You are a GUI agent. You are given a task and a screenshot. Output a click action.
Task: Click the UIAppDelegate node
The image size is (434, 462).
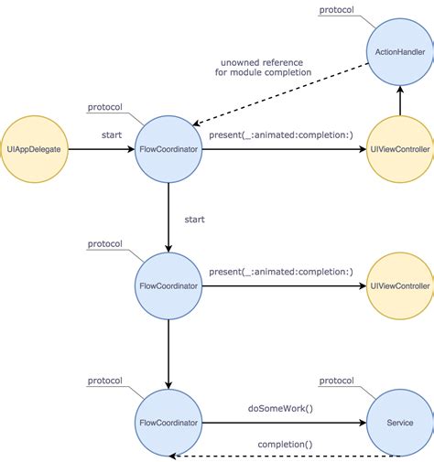(x=33, y=149)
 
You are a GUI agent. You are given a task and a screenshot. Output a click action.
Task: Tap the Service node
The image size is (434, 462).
(x=399, y=423)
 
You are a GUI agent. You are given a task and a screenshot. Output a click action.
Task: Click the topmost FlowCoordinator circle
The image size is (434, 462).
(x=168, y=149)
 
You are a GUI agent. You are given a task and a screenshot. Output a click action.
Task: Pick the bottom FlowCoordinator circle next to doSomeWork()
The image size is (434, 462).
(x=168, y=423)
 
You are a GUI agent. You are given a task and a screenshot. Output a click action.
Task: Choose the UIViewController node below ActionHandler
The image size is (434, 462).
(x=399, y=149)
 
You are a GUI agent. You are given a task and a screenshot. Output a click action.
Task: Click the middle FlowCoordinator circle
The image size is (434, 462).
(x=168, y=286)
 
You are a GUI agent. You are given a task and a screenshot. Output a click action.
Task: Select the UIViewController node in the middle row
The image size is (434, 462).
(x=399, y=286)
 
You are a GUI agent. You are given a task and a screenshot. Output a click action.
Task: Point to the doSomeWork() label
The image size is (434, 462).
(x=280, y=408)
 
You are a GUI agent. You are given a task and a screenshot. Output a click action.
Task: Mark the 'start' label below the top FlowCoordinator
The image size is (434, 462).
(x=195, y=220)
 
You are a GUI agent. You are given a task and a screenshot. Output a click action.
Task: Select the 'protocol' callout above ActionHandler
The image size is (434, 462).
(x=338, y=10)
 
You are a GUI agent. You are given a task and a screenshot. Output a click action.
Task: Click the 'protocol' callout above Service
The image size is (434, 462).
(x=338, y=380)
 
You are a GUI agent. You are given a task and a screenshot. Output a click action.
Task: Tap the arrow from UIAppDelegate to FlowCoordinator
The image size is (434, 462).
(x=101, y=149)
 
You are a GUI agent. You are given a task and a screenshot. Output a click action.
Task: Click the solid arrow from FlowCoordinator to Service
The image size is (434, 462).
(x=284, y=423)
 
